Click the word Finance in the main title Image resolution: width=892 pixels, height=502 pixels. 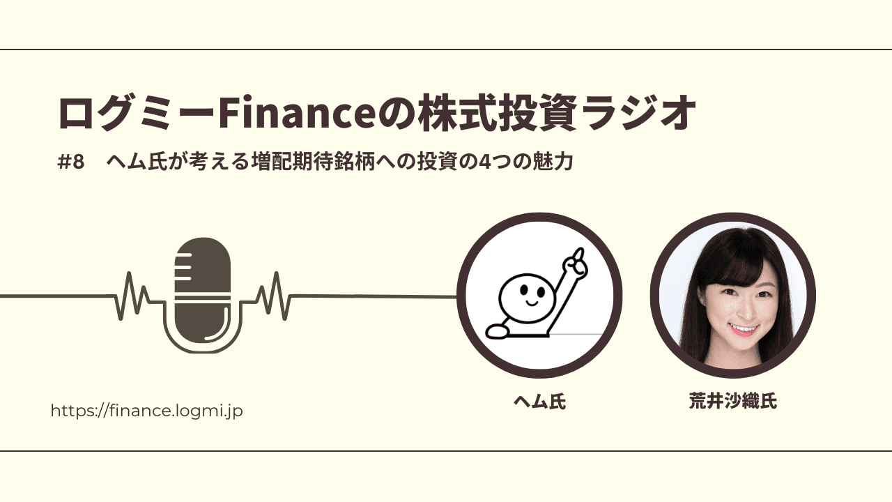pyautogui.click(x=297, y=113)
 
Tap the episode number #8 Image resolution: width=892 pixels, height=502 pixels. pyautogui.click(x=71, y=162)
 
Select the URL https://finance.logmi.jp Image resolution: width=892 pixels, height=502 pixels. pyautogui.click(x=146, y=411)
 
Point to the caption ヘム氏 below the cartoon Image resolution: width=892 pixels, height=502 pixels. pyautogui.click(x=539, y=401)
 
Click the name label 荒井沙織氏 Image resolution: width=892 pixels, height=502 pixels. pyautogui.click(x=732, y=401)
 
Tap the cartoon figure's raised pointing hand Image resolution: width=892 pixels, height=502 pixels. pyautogui.click(x=575, y=263)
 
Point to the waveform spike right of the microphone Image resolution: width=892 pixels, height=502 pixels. pyautogui.click(x=274, y=296)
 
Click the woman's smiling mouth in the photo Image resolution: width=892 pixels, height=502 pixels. pyautogui.click(x=742, y=330)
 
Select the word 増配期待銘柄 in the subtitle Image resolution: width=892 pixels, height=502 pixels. pyautogui.click(x=314, y=162)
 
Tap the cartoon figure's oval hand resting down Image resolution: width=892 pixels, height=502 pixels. pyautogui.click(x=497, y=331)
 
